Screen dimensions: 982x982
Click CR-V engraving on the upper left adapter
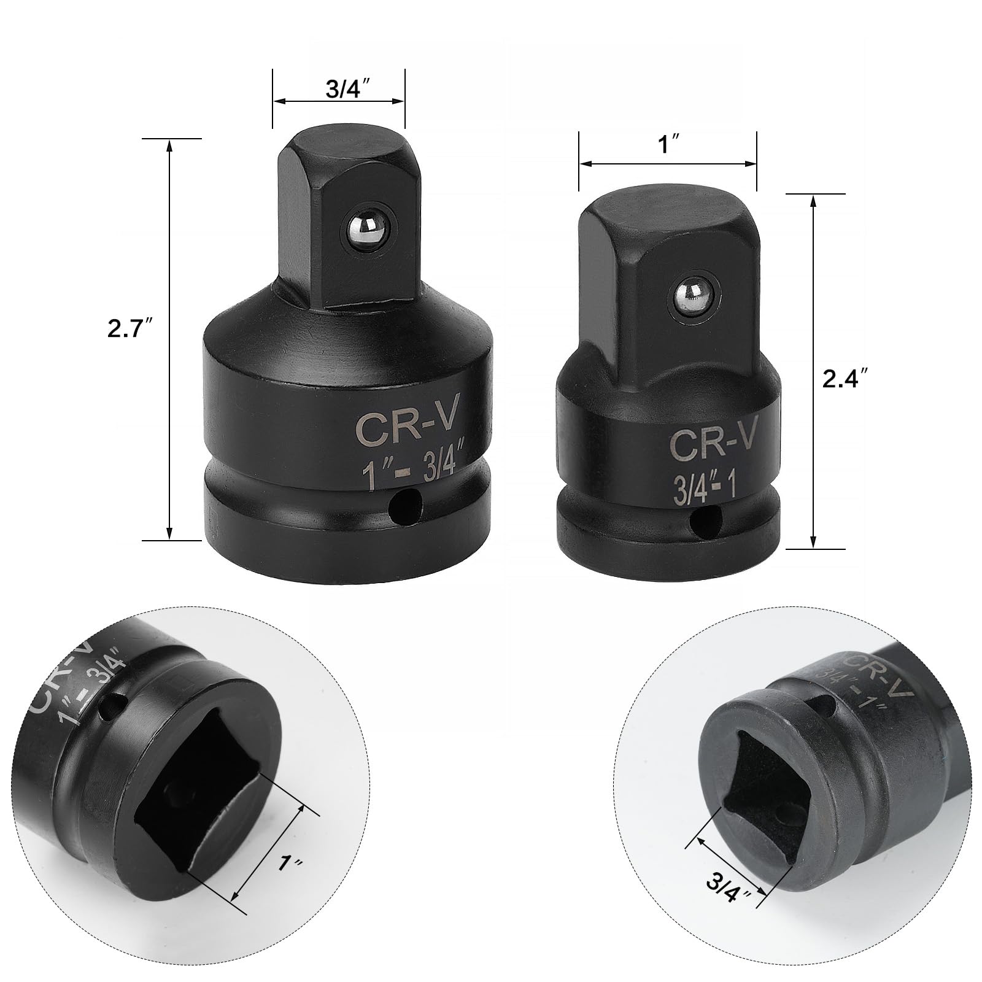(x=407, y=427)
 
